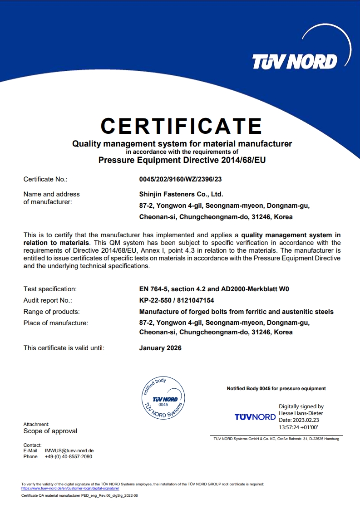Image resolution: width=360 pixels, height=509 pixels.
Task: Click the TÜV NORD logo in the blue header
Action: pyautogui.click(x=295, y=61)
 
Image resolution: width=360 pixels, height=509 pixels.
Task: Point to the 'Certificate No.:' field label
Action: pyautogui.click(x=45, y=179)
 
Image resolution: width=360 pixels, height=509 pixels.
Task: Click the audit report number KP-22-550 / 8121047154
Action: pyautogui.click(x=177, y=300)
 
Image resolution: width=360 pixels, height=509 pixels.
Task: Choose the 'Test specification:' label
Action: pyautogui.click(x=50, y=289)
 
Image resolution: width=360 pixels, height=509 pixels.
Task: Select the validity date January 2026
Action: pyautogui.click(x=160, y=348)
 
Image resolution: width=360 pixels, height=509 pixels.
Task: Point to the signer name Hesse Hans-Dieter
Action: pyautogui.click(x=301, y=413)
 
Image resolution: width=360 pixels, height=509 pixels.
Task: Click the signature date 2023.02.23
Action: pyautogui.click(x=312, y=420)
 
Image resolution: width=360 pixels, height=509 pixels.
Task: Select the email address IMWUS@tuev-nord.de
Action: pyautogui.click(x=69, y=450)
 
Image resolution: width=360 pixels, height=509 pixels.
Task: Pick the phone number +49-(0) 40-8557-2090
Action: pyautogui.click(x=69, y=456)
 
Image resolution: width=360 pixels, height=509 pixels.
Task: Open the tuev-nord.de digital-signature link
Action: pyautogui.click(x=70, y=488)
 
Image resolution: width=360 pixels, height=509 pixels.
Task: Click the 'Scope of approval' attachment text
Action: pyautogui.click(x=50, y=431)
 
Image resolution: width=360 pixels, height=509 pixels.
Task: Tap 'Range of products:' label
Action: pyautogui.click(x=51, y=312)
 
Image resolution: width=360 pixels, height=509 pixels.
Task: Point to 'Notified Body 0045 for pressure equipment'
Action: pyautogui.click(x=276, y=388)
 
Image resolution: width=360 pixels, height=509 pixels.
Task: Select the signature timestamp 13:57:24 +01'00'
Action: pyautogui.click(x=298, y=427)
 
